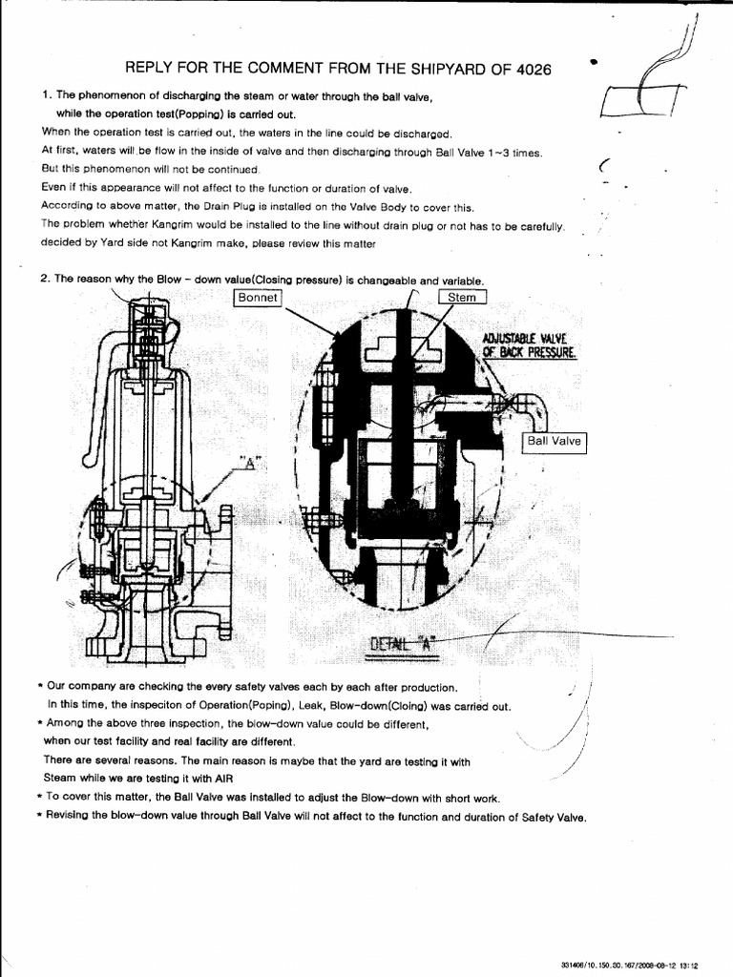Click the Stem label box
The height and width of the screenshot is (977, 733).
pyautogui.click(x=462, y=298)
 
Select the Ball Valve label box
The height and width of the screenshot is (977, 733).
pyautogui.click(x=555, y=442)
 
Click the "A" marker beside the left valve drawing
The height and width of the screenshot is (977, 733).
pyautogui.click(x=251, y=464)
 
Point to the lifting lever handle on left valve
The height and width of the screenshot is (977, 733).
pyautogui.click(x=96, y=401)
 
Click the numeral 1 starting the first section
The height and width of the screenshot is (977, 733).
pyautogui.click(x=45, y=95)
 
